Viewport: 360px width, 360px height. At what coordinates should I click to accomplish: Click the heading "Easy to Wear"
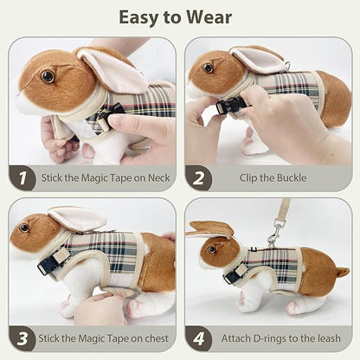click(180, 16)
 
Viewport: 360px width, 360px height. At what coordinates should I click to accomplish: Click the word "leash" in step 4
click(331, 338)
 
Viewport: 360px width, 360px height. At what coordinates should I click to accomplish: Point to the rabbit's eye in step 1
click(47, 76)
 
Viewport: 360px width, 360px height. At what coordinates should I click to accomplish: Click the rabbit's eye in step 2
click(209, 67)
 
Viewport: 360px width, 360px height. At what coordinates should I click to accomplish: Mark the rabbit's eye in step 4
click(210, 250)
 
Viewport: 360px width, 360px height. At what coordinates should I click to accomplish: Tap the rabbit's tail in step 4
click(344, 272)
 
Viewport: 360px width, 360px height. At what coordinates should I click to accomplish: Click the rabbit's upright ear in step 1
click(112, 69)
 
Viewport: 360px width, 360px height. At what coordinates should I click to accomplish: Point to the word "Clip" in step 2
click(250, 179)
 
